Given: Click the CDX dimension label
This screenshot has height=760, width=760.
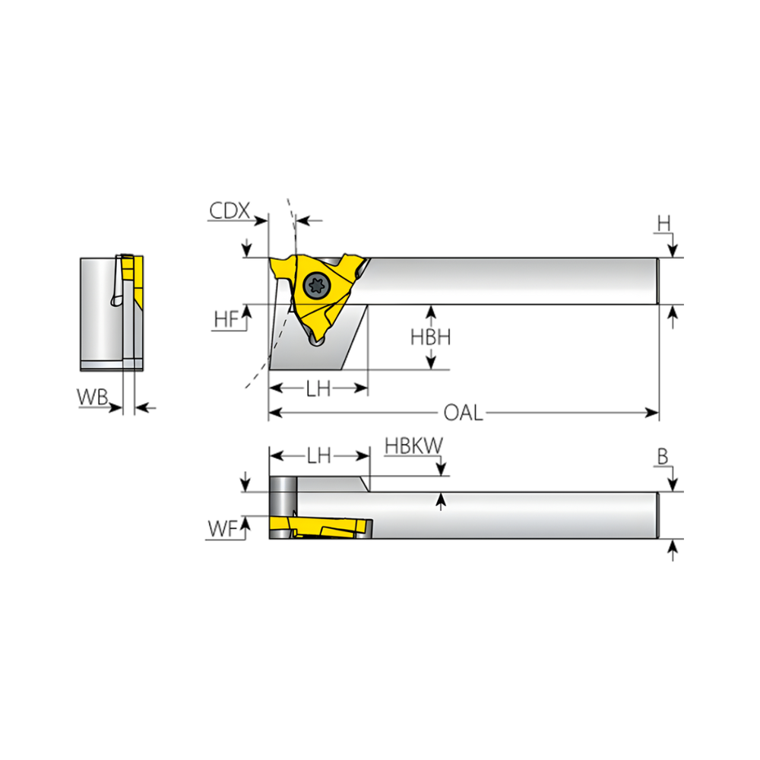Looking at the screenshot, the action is tap(230, 211).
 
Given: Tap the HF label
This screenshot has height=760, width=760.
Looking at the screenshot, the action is tap(226, 320).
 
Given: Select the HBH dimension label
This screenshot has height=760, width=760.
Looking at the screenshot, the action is tap(430, 337).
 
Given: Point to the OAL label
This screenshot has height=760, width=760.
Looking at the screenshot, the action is tap(464, 413).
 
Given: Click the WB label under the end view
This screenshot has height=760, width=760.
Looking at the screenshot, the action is tap(92, 397).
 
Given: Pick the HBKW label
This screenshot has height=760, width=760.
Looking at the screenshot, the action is tap(414, 446).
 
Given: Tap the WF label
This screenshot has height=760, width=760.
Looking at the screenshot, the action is tap(223, 529).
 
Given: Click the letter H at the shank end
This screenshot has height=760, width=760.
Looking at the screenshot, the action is tap(663, 224).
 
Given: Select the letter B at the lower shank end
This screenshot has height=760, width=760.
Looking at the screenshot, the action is tap(663, 457).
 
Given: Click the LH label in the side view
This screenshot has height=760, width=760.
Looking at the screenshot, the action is tap(318, 388).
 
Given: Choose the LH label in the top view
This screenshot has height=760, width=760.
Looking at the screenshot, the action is tap(319, 455).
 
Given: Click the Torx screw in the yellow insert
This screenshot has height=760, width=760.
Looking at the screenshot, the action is tap(316, 285).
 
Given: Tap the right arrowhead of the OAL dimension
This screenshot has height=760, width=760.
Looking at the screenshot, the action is tap(652, 413).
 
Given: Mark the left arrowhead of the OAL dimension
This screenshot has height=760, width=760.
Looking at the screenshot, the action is tap(276, 413).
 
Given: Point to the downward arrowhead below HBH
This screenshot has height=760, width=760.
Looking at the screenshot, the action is tap(430, 363).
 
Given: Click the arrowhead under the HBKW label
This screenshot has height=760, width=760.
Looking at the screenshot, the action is tap(441, 469).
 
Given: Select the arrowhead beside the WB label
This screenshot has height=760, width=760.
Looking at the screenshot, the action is tap(116, 407).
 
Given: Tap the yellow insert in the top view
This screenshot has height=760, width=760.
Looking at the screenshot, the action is tap(321, 527).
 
